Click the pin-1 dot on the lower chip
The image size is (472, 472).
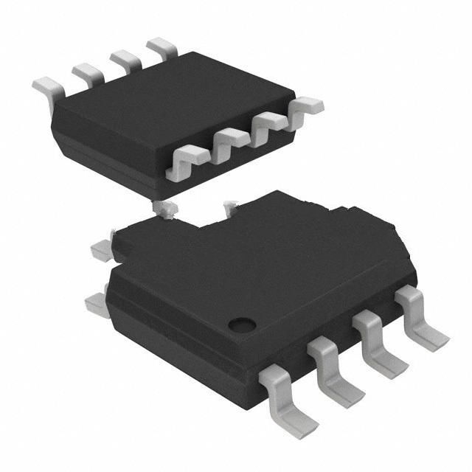point(240,323)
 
